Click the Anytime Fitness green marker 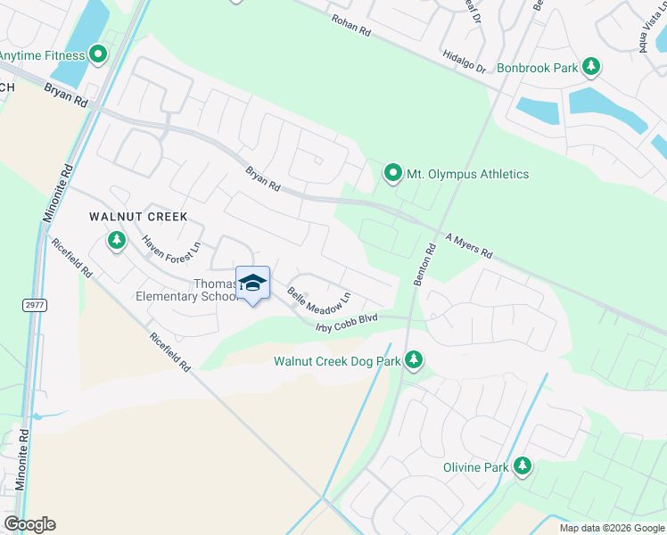(x=99, y=55)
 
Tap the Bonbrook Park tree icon (x=590, y=66)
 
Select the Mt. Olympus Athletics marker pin (x=392, y=173)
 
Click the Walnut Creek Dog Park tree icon (x=413, y=360)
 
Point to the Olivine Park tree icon (x=522, y=466)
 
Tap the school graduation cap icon (x=253, y=282)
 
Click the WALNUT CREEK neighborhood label (x=137, y=217)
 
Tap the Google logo (x=29, y=524)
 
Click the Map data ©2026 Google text (x=611, y=528)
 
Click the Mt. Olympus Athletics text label (x=468, y=174)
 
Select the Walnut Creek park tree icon (x=116, y=240)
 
